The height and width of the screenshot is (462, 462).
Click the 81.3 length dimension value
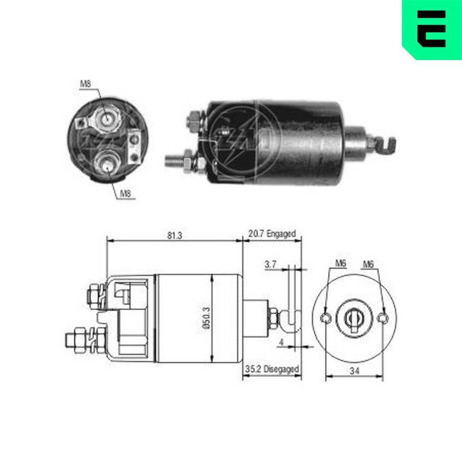pyautogui.click(x=175, y=235)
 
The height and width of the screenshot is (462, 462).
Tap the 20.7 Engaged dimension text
pyautogui.click(x=272, y=234)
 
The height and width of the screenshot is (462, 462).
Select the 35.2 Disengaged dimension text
pyautogui.click(x=272, y=369)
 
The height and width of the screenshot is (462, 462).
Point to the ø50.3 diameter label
pyautogui.click(x=206, y=318)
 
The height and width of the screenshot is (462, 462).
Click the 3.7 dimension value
pyautogui.click(x=270, y=265)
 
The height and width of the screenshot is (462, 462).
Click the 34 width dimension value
pyautogui.click(x=354, y=371)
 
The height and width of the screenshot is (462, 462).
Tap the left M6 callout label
pyautogui.click(x=341, y=264)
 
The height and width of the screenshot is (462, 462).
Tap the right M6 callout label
pyautogui.click(x=368, y=264)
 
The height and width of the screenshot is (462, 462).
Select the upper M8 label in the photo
pyautogui.click(x=85, y=84)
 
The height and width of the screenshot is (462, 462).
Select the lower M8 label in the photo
pyautogui.click(x=125, y=194)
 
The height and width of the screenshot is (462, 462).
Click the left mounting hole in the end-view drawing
pyautogui.click(x=326, y=318)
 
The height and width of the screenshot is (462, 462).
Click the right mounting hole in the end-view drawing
pyautogui.click(x=383, y=318)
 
